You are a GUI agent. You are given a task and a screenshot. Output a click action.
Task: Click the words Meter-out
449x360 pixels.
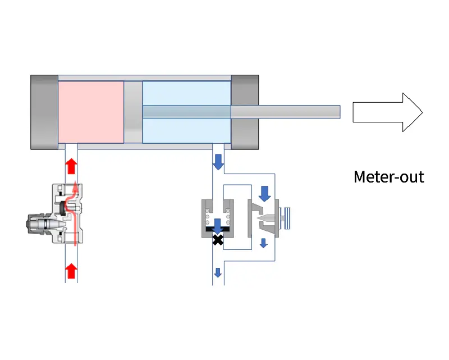click(388, 177)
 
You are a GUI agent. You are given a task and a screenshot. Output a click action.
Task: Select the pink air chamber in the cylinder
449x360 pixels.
click(91, 112)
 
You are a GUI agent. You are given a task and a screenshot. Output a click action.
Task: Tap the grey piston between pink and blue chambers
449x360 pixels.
click(133, 112)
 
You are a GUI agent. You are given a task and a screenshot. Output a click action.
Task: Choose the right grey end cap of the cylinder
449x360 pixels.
click(245, 112)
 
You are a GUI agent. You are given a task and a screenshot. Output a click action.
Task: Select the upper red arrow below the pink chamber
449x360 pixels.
click(71, 167)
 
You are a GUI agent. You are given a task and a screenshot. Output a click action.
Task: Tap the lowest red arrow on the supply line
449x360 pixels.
click(71, 272)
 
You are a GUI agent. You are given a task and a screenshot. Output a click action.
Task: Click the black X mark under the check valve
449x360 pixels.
click(218, 240)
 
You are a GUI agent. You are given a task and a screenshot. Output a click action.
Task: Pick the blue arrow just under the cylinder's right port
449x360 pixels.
click(218, 163)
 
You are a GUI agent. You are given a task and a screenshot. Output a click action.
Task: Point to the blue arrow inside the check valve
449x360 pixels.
click(218, 224)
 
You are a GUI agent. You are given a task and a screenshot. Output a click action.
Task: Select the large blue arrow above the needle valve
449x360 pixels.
click(264, 194)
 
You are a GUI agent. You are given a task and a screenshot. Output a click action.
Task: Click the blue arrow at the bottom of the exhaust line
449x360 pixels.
click(218, 273)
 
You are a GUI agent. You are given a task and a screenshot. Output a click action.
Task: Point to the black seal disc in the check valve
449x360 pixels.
click(218, 231)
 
